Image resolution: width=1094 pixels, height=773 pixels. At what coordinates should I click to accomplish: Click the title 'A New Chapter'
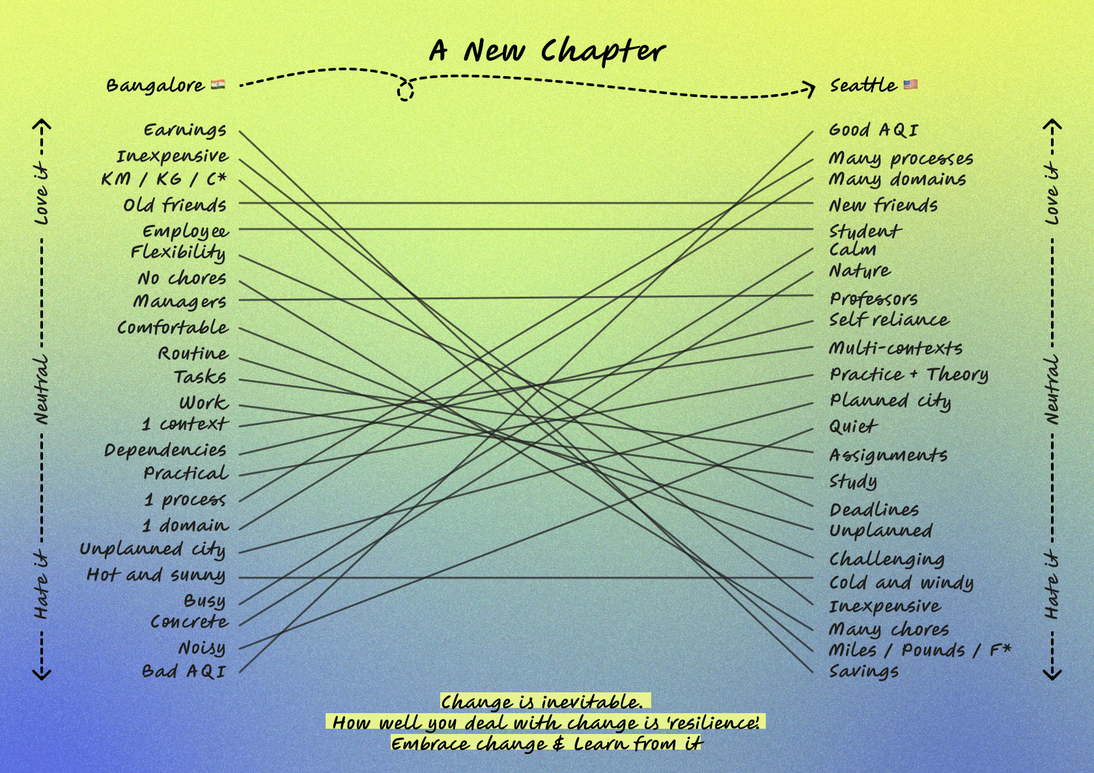click(x=547, y=51)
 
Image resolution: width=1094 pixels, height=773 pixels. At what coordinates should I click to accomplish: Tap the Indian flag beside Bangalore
click(x=218, y=85)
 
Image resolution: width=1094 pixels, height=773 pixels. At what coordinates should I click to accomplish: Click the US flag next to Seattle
click(x=910, y=85)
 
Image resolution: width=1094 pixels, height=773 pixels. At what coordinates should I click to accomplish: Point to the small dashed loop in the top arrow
click(x=405, y=92)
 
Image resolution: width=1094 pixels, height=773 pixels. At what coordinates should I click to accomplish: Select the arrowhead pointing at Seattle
click(x=809, y=88)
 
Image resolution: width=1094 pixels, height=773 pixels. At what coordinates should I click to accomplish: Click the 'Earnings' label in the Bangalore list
click(x=185, y=131)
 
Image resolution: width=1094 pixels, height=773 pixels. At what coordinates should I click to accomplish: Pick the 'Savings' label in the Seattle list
click(x=863, y=671)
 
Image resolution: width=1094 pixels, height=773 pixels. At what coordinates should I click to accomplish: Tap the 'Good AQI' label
click(x=873, y=130)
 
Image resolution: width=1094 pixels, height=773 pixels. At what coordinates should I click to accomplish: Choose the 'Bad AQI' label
click(x=184, y=671)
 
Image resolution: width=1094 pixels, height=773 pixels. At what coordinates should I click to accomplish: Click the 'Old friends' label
click(x=175, y=206)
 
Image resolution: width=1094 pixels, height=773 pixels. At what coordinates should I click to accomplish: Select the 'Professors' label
click(x=873, y=299)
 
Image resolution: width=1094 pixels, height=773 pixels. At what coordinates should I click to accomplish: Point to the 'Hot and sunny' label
click(x=156, y=575)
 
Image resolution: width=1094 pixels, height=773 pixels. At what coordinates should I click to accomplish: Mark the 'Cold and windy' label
click(x=901, y=582)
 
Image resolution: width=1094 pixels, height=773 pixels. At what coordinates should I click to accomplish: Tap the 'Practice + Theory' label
click(x=908, y=375)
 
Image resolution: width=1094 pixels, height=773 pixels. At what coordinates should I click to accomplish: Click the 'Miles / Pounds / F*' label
click(x=919, y=650)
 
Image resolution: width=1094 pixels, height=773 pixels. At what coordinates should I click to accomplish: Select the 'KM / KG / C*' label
click(x=163, y=179)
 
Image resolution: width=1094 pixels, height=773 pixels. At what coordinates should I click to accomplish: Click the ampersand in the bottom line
click(x=558, y=744)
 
